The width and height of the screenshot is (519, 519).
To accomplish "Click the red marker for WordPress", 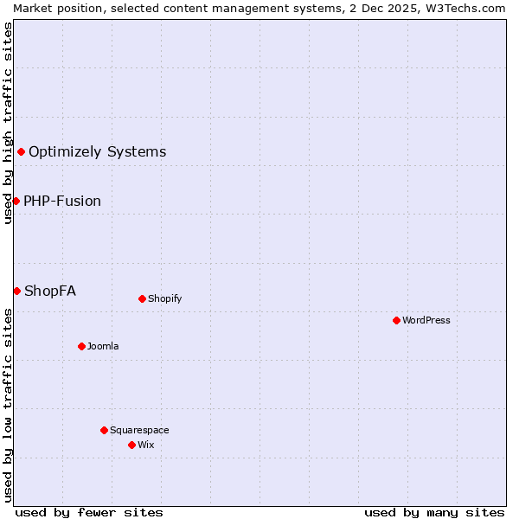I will [x=396, y=320].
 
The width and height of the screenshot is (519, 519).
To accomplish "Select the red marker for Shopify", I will [x=142, y=298].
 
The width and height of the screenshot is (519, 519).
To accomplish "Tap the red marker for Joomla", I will [x=81, y=346].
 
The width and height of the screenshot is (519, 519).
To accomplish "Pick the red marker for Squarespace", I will [x=104, y=430].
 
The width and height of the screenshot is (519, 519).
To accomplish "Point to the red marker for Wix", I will [x=131, y=445].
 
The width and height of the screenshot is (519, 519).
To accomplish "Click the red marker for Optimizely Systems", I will [x=21, y=152].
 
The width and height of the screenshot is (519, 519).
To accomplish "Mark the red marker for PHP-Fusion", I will [x=16, y=201].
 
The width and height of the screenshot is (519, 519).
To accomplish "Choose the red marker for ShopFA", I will [x=16, y=291].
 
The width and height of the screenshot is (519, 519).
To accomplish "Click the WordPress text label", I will [x=426, y=320].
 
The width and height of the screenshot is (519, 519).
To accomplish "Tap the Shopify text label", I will [x=164, y=298].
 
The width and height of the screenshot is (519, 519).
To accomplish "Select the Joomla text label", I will [x=103, y=346].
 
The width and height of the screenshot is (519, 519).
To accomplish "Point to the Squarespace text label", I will [x=139, y=430].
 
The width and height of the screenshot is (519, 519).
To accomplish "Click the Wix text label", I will [x=145, y=445].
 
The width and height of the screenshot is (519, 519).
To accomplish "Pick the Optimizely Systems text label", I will [x=97, y=152].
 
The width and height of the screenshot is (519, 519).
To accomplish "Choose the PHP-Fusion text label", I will [x=62, y=201].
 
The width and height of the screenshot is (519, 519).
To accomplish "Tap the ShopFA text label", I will [x=50, y=291].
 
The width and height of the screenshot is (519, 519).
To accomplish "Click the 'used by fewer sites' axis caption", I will [x=89, y=512].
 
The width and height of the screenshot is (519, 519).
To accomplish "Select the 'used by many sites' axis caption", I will [x=434, y=512].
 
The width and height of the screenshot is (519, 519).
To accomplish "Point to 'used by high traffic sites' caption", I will [x=8, y=123].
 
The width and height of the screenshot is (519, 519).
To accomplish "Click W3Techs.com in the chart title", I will [x=465, y=8].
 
